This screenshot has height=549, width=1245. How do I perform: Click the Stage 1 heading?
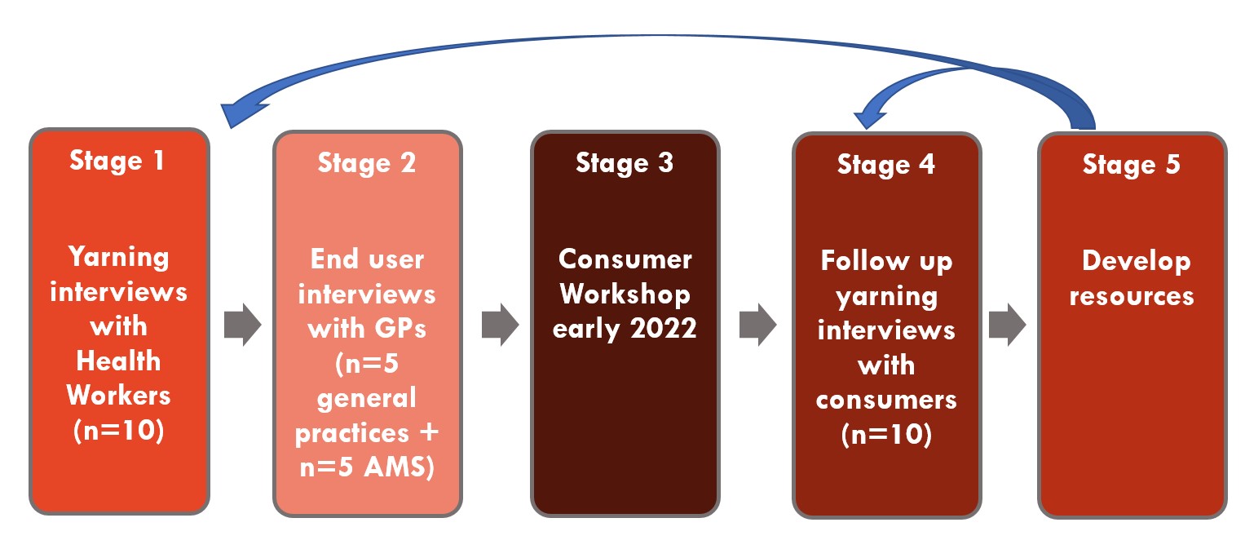click(117, 161)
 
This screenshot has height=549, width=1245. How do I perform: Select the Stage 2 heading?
click(367, 163)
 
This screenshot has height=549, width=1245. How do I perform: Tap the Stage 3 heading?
click(625, 163)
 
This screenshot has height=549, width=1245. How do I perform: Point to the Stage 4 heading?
click(886, 165)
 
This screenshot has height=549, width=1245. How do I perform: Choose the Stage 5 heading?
click(1131, 165)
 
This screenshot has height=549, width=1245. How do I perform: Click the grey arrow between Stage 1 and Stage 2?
click(242, 325)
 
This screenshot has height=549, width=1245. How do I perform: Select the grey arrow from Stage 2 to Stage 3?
click(501, 325)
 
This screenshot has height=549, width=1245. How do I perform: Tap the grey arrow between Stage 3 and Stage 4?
click(758, 325)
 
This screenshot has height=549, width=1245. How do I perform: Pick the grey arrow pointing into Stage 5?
click(1007, 325)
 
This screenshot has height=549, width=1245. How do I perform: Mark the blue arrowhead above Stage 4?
click(868, 118)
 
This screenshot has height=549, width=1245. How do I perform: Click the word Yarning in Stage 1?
click(118, 258)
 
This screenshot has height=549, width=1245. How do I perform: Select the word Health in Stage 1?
click(118, 361)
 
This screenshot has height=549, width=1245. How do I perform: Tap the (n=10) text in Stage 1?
click(118, 430)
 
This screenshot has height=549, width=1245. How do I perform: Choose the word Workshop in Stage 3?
click(625, 294)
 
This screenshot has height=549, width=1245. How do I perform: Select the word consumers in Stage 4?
click(886, 400)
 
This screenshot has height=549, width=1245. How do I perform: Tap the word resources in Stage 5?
click(1132, 296)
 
